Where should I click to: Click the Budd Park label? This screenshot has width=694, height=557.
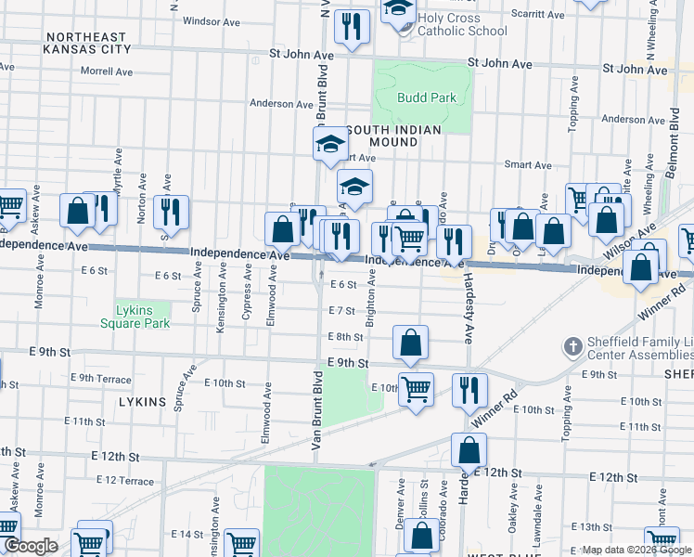pyautogui.click(x=426, y=97)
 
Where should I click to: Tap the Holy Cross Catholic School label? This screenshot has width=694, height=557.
pyautogui.click(x=462, y=24)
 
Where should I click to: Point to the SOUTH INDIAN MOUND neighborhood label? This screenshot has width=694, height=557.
pyautogui.click(x=393, y=136)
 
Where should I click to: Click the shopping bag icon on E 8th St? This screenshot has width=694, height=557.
pyautogui.click(x=410, y=343)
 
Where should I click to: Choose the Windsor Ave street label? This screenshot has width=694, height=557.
pyautogui.click(x=212, y=20)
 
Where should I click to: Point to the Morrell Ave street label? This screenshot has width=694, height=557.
pyautogui.click(x=107, y=71)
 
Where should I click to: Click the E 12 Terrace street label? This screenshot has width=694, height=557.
pyautogui.click(x=124, y=480)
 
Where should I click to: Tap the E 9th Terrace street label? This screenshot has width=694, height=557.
pyautogui.click(x=105, y=378)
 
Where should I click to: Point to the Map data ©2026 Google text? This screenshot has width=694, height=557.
pyautogui.click(x=636, y=551)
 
